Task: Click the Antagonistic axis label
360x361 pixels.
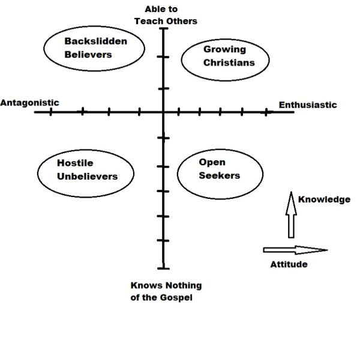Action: tap(29, 102)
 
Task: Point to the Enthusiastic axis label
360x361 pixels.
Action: tap(308, 105)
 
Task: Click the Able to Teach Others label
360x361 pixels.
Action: tap(170, 15)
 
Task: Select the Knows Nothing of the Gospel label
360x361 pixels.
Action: tap(166, 291)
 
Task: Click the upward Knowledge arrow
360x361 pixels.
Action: tap(291, 216)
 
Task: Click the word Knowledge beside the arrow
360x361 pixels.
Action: tap(324, 199)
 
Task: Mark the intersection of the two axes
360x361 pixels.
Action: tap(163, 112)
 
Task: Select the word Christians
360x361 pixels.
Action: tap(229, 62)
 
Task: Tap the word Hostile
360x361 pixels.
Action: tap(75, 163)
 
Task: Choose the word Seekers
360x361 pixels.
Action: tap(219, 176)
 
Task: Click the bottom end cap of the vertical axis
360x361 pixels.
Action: tap(163, 268)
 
